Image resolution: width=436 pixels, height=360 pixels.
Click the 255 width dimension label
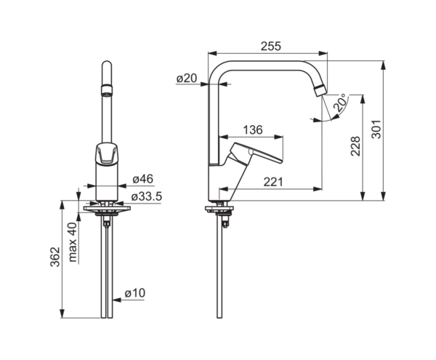coord(271,47)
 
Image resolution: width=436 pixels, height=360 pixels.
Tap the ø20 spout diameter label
coord(187,78)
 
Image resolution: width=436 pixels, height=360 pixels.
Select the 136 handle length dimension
coord(253,129)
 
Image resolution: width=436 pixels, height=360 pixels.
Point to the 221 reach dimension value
coord(273,182)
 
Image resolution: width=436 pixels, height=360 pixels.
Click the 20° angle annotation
coord(341,103)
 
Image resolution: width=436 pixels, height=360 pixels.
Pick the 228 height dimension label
coord(355,146)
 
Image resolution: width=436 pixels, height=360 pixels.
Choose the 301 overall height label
coord(376,129)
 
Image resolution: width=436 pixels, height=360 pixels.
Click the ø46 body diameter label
coord(143,179)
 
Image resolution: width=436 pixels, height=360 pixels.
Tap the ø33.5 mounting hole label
coord(147,196)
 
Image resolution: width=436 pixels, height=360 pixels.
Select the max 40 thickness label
coord(72,242)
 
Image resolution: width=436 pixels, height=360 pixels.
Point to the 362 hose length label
coord(55,257)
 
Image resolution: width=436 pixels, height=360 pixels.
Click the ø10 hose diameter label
coord(135,293)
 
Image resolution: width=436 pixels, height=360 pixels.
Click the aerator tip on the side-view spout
coord(320,91)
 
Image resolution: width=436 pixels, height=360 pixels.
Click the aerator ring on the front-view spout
coord(107,89)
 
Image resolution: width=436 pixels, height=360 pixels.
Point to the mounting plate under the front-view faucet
coord(107,209)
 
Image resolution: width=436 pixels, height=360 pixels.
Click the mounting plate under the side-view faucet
coord(219,209)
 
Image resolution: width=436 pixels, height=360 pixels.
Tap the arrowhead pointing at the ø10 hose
coord(118,300)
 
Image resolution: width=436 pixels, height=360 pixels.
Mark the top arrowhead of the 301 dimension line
coord(384,65)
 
